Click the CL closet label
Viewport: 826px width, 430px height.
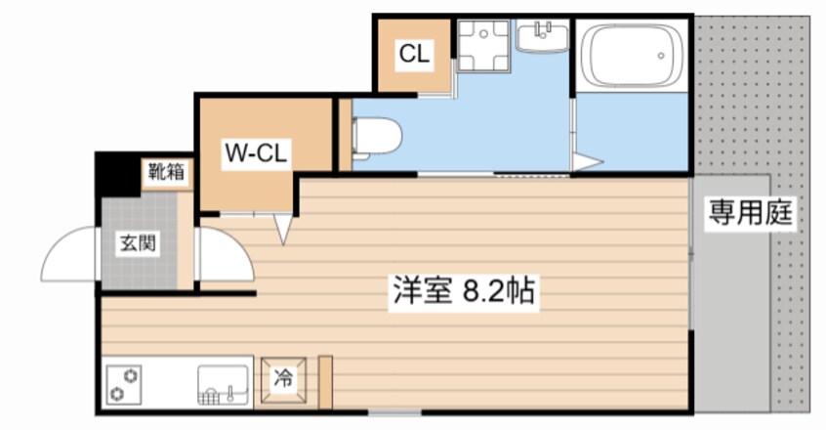(x=415, y=54)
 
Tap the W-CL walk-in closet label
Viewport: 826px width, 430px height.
(x=256, y=152)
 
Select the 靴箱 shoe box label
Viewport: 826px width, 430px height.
(x=166, y=171)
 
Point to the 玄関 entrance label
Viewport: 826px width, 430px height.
(x=138, y=243)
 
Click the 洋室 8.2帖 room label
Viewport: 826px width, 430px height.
(x=464, y=290)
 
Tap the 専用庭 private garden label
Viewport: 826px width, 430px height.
(x=750, y=212)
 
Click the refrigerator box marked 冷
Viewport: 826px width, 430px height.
(x=283, y=379)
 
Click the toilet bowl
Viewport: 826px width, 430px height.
(x=376, y=137)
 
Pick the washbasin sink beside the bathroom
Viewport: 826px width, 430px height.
(x=542, y=36)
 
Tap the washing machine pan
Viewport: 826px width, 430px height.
(x=483, y=46)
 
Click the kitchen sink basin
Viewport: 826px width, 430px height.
(x=223, y=385)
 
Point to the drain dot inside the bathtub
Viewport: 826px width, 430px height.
(x=661, y=56)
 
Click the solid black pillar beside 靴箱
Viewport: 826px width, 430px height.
(x=116, y=174)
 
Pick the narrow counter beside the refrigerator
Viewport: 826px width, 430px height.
(x=325, y=382)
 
